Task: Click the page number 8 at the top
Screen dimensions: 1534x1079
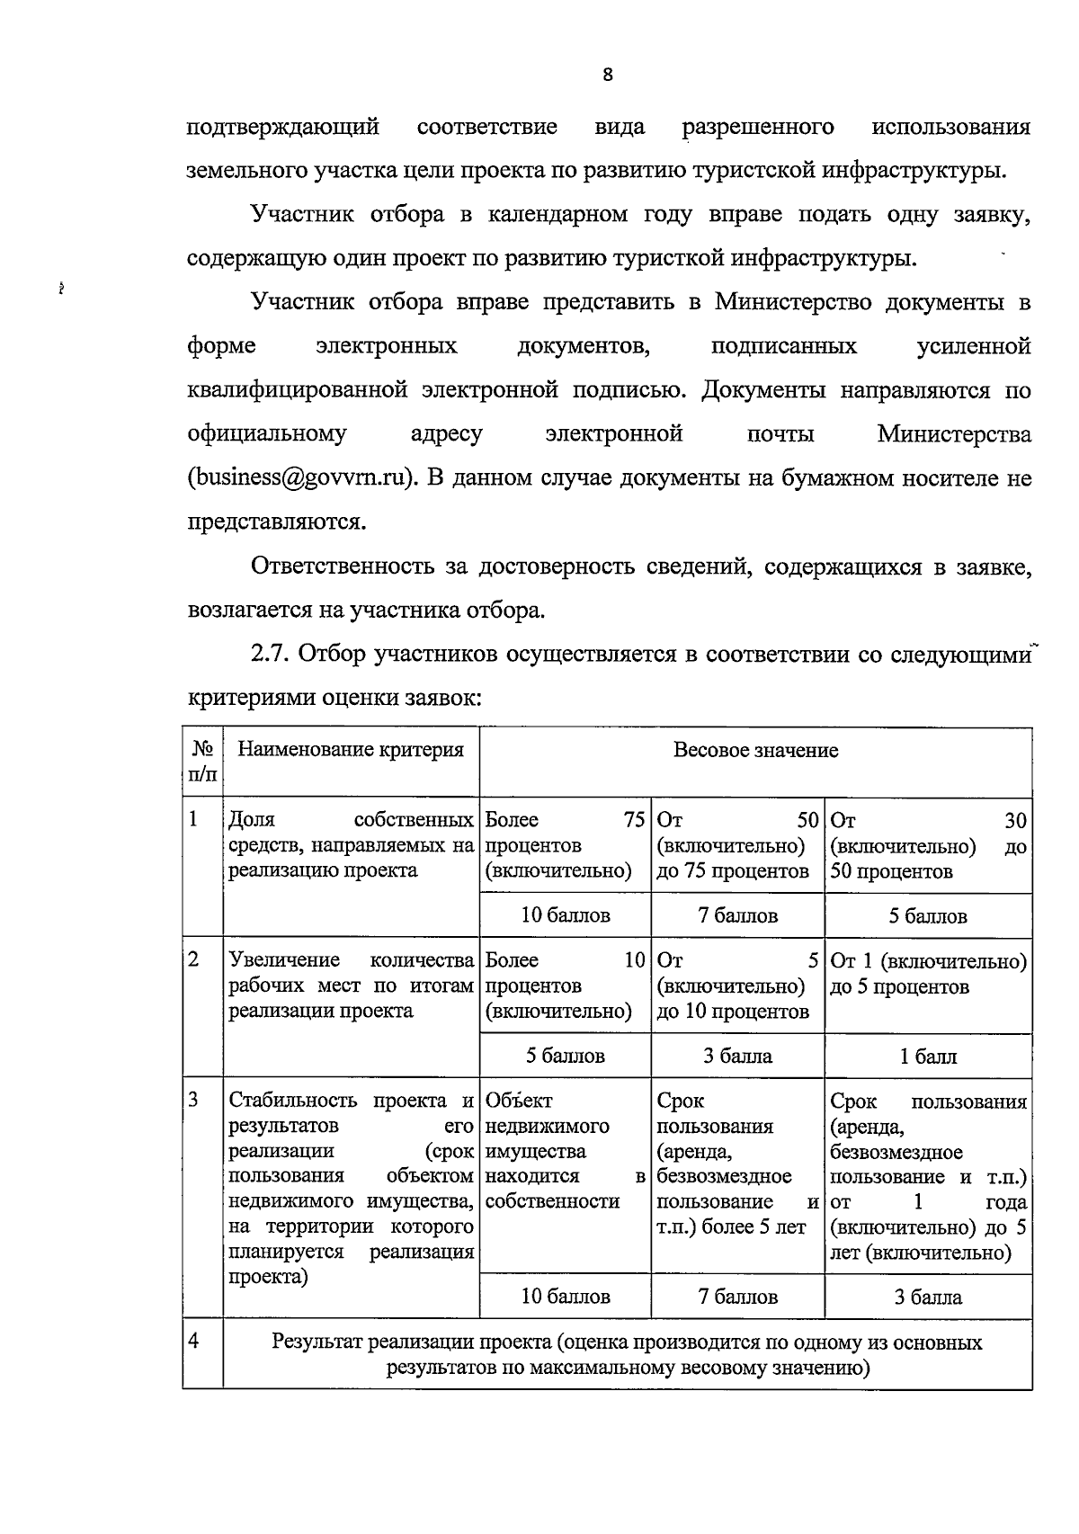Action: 608,76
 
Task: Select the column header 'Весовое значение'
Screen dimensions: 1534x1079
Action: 755,750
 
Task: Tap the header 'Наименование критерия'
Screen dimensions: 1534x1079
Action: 351,750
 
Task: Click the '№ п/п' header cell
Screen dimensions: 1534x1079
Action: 203,761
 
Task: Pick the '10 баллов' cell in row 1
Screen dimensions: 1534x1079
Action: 566,915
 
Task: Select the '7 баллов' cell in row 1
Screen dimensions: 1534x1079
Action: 737,915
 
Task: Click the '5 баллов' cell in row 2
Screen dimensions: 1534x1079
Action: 566,1056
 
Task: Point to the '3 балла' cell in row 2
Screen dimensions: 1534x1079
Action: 737,1056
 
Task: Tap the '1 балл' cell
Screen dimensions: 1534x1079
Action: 928,1057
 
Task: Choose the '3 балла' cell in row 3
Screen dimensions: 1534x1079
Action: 928,1297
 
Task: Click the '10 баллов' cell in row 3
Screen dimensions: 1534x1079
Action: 566,1297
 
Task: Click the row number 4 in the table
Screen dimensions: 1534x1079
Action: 193,1342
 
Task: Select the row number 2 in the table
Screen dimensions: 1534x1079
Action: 193,959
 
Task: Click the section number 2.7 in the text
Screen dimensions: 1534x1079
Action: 271,654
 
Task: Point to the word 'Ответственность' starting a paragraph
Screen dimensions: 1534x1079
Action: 342,566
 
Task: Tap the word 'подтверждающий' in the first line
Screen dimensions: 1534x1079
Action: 282,127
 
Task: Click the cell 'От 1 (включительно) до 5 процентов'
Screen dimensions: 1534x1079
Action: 928,974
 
